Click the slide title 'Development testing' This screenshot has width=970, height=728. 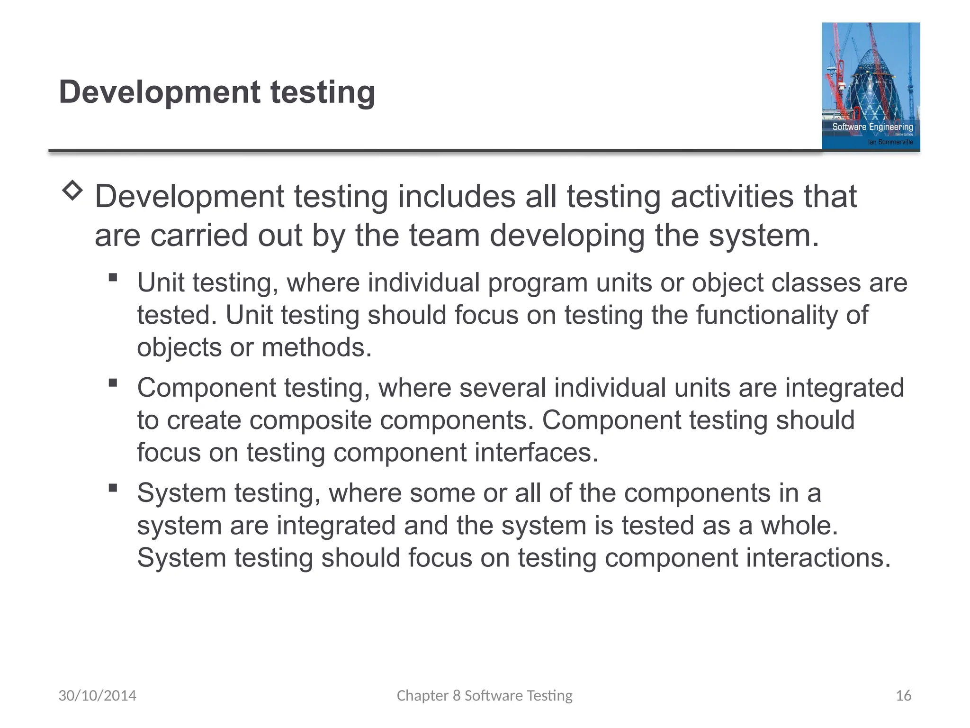[x=217, y=92]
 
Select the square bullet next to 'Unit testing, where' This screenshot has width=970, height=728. [x=113, y=277]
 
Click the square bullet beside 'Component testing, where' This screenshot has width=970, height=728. [x=113, y=382]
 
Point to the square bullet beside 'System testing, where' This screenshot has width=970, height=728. [x=113, y=488]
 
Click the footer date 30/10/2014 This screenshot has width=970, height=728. [x=97, y=695]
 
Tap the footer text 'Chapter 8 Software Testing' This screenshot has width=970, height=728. [x=485, y=695]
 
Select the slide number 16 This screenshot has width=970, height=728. [x=903, y=695]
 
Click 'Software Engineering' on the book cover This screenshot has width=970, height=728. [x=872, y=127]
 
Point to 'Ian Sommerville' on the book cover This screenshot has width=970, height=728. [x=890, y=142]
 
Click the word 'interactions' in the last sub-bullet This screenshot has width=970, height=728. [x=814, y=558]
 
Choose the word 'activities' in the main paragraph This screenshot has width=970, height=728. [x=732, y=196]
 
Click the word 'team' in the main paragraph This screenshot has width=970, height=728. [x=444, y=236]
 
